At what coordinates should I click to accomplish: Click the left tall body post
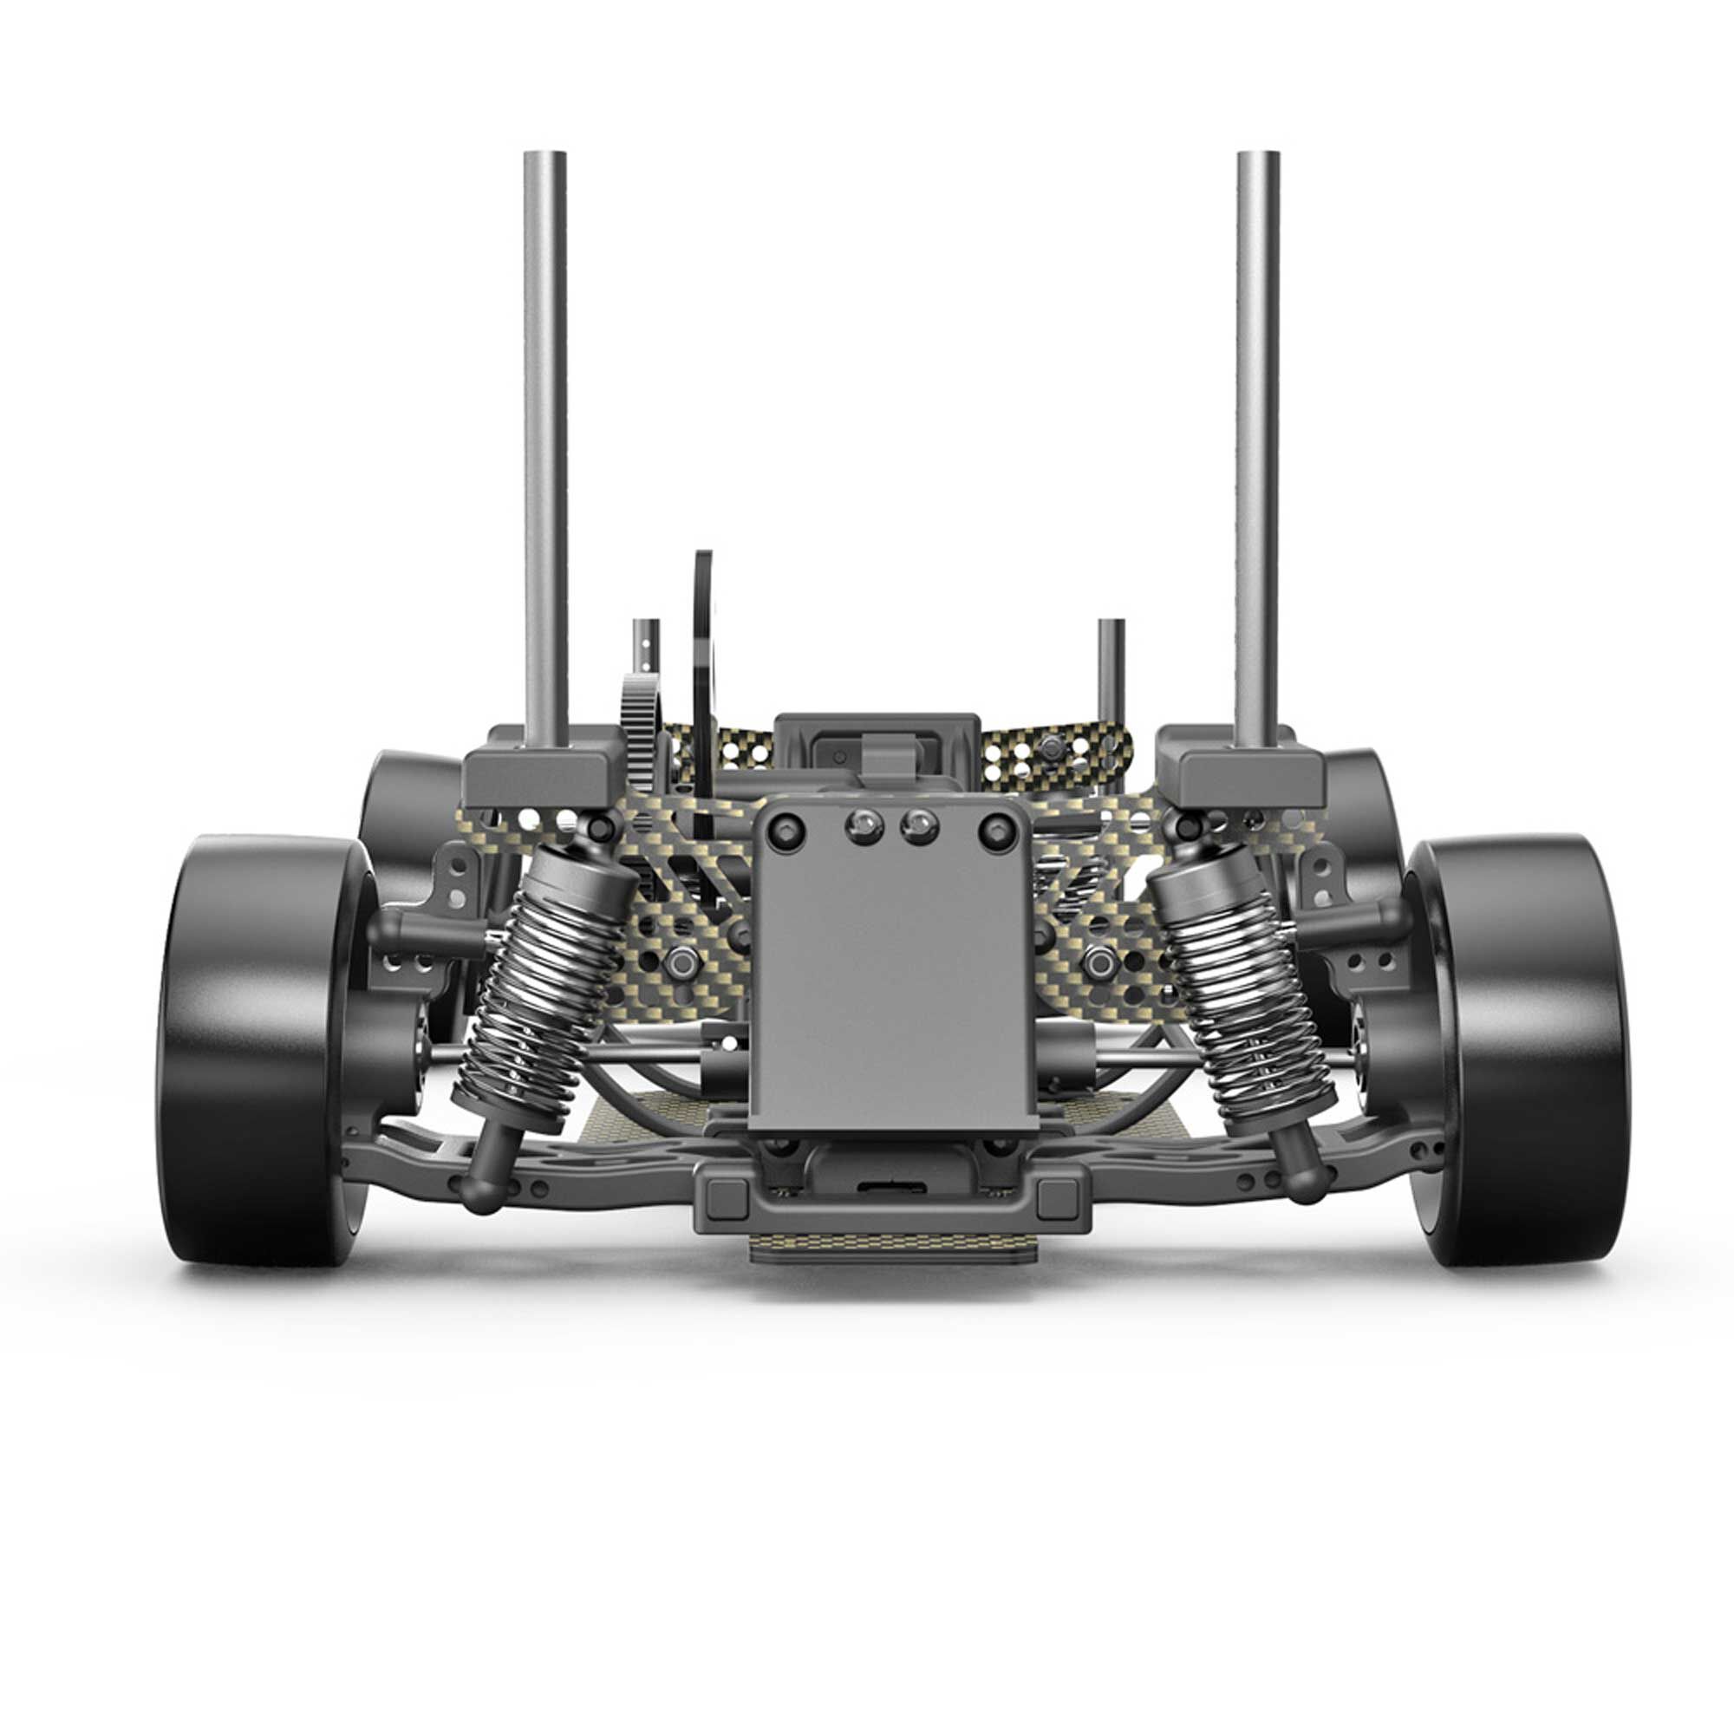[544, 449]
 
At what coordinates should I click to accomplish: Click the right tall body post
[1256, 449]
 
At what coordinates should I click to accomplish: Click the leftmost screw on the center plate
[785, 831]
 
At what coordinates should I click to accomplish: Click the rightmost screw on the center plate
[997, 831]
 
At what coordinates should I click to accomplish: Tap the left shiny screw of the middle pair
[864, 824]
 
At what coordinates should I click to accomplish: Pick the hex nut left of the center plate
[681, 963]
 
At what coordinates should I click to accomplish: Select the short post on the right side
[1111, 664]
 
